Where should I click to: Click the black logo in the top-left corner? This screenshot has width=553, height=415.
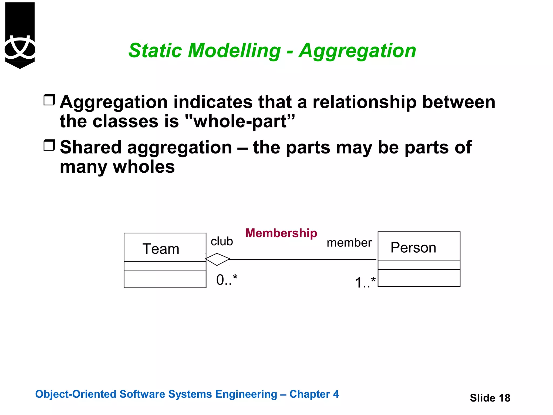[x=20, y=35]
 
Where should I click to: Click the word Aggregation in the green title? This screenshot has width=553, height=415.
[x=357, y=51]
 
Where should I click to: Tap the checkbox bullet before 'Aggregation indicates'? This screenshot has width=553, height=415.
[x=49, y=100]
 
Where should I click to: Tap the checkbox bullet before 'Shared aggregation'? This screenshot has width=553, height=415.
[x=49, y=145]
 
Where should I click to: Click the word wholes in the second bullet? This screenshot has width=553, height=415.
[x=144, y=167]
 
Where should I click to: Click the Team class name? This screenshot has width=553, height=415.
[x=161, y=249]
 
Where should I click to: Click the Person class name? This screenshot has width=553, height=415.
[x=413, y=247]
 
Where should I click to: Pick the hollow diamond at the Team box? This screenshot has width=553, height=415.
[x=218, y=259]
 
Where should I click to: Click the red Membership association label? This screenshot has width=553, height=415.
[x=281, y=233]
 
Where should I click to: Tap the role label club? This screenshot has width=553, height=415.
[x=222, y=241]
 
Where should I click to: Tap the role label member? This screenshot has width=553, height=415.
[x=349, y=243]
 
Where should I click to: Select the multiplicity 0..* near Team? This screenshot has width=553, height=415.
[x=227, y=280]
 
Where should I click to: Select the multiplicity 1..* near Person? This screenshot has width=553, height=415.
[x=365, y=282]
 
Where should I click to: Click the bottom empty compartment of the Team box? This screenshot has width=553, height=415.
[x=165, y=279]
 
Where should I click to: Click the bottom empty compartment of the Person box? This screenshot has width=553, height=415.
[x=419, y=278]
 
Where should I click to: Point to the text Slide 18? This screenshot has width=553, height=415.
[x=490, y=398]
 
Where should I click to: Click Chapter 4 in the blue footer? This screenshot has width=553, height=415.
[x=314, y=394]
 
